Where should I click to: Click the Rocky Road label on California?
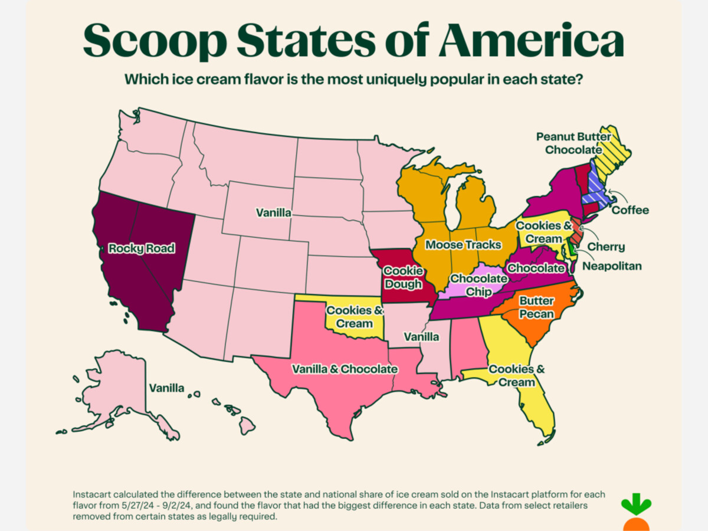pos(142,248)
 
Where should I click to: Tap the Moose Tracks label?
pos(463,244)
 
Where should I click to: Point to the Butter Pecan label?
pos(536,307)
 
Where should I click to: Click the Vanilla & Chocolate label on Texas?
pos(345,369)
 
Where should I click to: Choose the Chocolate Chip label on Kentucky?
pos(478,284)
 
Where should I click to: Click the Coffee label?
pos(630,210)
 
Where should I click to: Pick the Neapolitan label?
pos(612,266)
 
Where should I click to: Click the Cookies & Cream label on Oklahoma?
pos(355,317)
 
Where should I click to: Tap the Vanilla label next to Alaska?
pos(166,388)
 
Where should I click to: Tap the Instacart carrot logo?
pos(635,513)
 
